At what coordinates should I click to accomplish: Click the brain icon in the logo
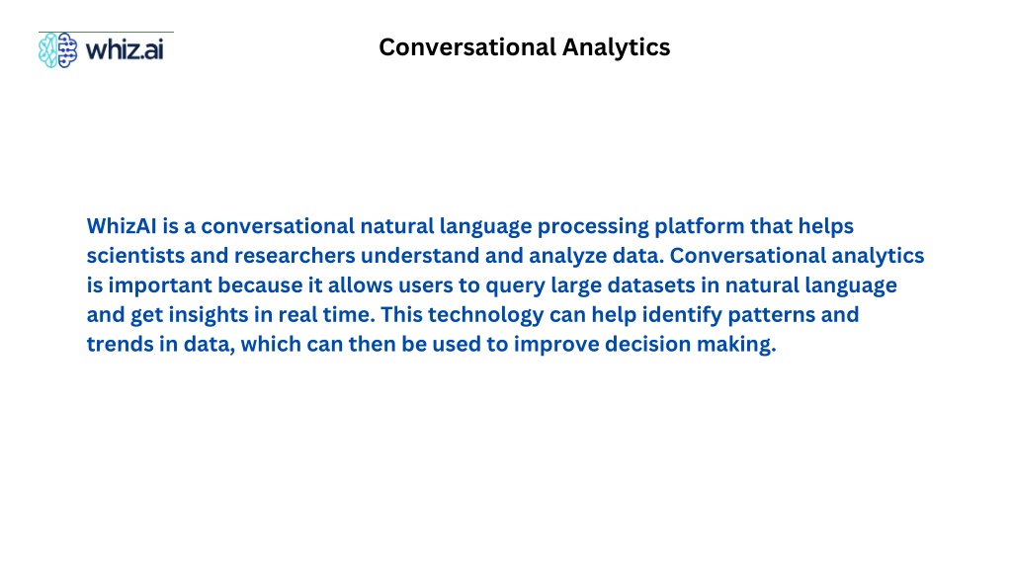57,49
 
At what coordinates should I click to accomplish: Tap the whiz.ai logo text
125,49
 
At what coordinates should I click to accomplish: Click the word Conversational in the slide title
467,47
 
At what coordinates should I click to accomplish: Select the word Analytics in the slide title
617,47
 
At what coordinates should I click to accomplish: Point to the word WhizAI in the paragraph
122,226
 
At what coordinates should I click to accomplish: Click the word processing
593,226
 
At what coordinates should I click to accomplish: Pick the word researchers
295,256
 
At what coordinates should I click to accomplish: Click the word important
160,285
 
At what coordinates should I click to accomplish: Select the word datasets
651,285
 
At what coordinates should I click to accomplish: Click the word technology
485,315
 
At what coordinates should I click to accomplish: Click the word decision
647,345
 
